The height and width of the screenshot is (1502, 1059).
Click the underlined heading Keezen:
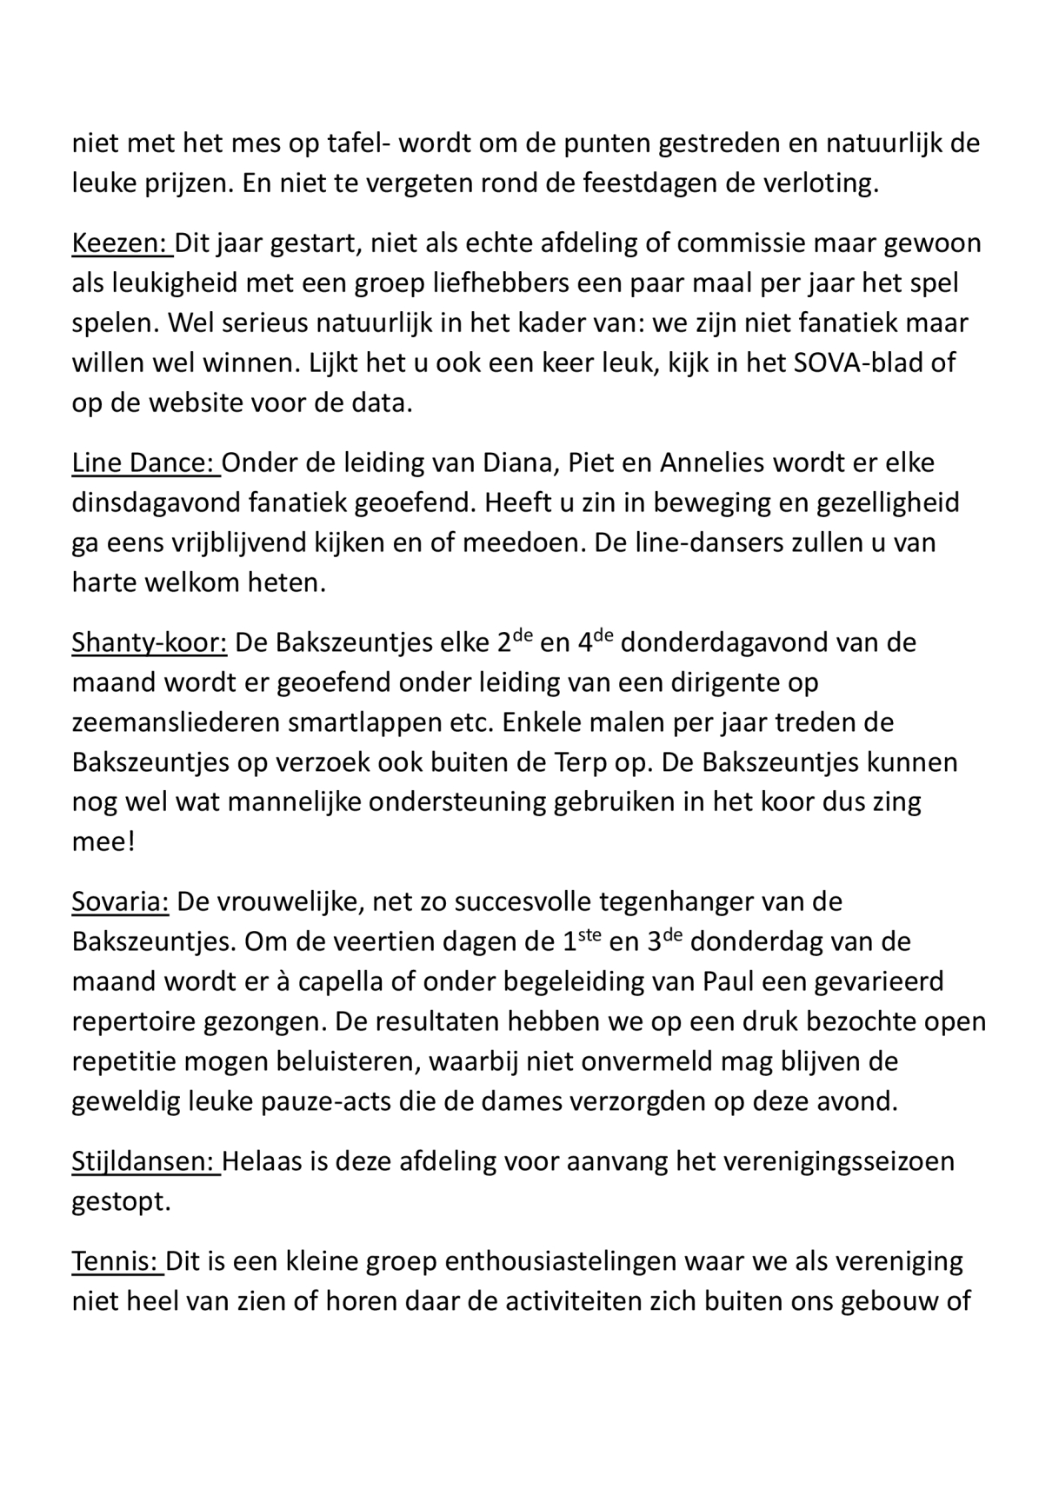[121, 243]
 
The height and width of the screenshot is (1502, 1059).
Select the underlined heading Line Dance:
[144, 462]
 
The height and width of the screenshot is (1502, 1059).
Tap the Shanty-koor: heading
[149, 643]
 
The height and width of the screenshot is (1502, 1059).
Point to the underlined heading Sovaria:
[120, 901]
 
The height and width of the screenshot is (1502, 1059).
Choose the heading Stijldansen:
[144, 1161]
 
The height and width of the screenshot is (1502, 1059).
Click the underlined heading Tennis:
[117, 1261]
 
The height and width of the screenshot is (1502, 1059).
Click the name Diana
[519, 462]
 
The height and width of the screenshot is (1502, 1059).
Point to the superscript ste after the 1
[590, 934]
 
